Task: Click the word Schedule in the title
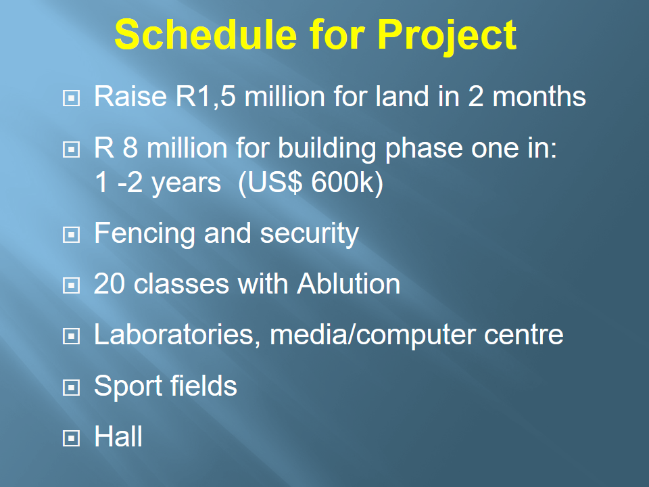coord(206,34)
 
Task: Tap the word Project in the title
coord(447,37)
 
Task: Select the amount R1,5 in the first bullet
coord(206,97)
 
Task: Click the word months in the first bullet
coord(539,97)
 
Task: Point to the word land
coord(402,97)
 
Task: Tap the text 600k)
coord(347,183)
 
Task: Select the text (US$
coord(270,183)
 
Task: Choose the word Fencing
coord(145,234)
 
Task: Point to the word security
coord(309,234)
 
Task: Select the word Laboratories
coord(174,335)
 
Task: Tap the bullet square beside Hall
coord(71,438)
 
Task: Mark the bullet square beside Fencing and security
coord(71,235)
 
